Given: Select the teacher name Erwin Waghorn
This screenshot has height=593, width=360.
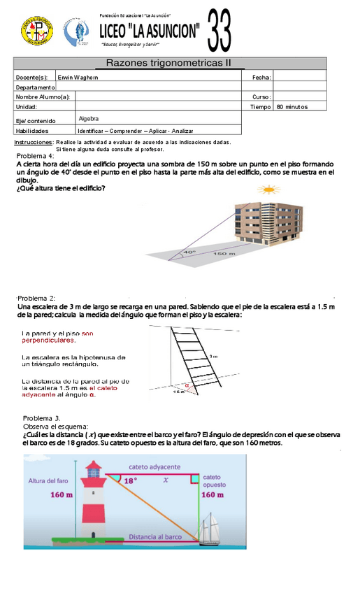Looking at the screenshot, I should [x=78, y=77].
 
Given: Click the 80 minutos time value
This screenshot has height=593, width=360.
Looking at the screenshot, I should [x=292, y=107].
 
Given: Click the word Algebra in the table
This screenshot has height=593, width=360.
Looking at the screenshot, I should [x=89, y=119].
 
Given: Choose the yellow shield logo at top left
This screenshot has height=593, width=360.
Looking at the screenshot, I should [x=32, y=30].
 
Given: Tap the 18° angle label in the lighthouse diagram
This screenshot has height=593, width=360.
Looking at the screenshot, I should [x=130, y=480].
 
